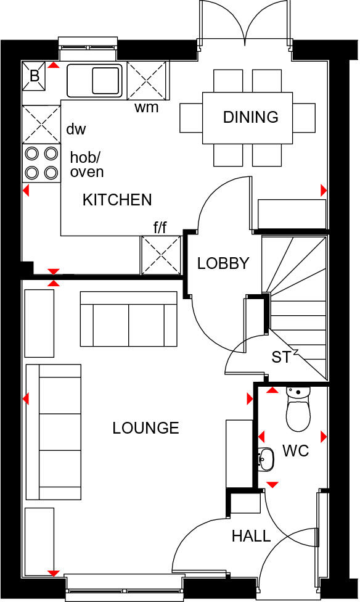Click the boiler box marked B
click(34, 75)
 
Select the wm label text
click(147, 109)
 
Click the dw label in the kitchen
click(76, 130)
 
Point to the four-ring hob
click(42, 162)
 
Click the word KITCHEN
click(117, 200)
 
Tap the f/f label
click(160, 228)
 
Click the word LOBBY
click(223, 263)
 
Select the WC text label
click(295, 451)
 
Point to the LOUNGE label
click(145, 428)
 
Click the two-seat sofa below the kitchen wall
click(128, 319)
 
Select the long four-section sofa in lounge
click(54, 432)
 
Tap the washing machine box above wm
click(147, 80)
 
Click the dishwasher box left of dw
click(42, 124)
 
